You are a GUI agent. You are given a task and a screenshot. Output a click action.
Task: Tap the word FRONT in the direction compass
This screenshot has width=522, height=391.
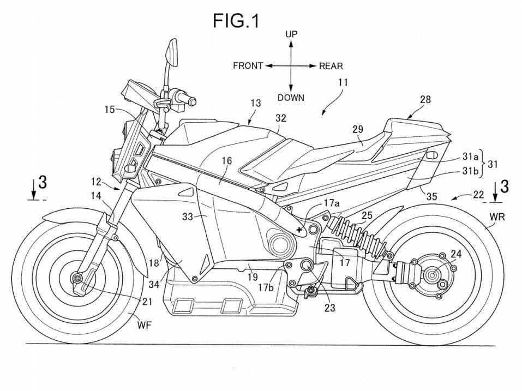click(248, 66)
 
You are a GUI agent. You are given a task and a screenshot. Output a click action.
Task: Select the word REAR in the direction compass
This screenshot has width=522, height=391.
click(331, 66)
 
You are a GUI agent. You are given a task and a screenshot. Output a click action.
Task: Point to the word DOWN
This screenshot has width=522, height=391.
click(291, 98)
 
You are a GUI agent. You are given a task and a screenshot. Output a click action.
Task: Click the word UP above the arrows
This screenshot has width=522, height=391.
click(291, 34)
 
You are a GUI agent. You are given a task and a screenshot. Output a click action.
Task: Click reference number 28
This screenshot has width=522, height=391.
click(425, 99)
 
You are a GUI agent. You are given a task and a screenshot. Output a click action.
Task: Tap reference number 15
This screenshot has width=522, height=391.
click(110, 110)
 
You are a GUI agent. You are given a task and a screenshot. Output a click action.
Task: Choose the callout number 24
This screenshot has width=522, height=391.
click(455, 254)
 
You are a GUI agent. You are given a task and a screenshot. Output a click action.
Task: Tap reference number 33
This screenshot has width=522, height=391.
click(187, 216)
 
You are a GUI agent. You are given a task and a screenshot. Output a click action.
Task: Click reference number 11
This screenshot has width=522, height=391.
click(343, 83)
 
